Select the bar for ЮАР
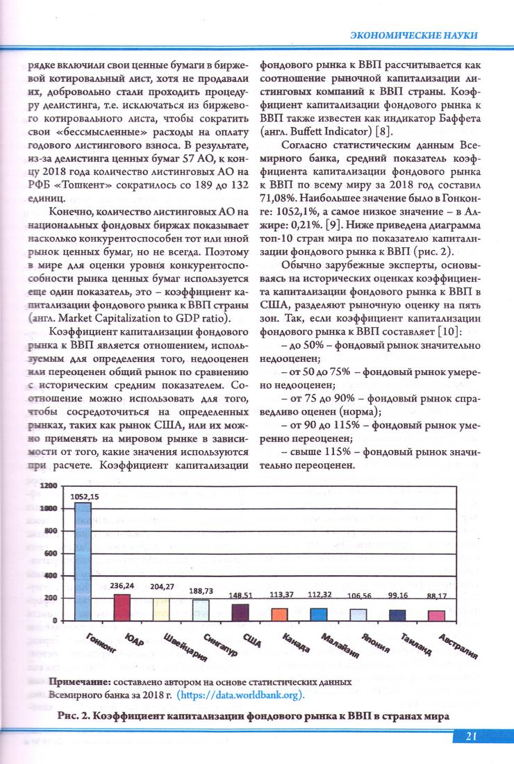click(x=122, y=607)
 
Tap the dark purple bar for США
click(x=240, y=612)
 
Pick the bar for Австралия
click(x=436, y=615)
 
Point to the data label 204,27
click(x=162, y=587)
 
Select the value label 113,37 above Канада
click(x=281, y=594)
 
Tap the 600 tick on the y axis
click(x=51, y=554)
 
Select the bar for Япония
click(x=358, y=614)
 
